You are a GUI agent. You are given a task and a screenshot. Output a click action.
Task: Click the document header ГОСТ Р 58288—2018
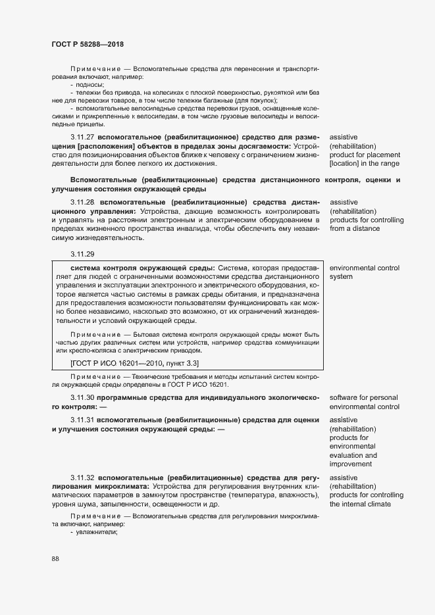pyautogui.click(x=87, y=44)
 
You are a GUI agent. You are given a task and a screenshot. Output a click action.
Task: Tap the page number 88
pyautogui.click(x=55, y=558)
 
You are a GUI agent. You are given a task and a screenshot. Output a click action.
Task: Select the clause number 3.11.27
pyautogui.click(x=82, y=136)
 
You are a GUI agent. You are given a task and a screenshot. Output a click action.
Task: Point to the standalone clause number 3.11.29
pyautogui.click(x=82, y=253)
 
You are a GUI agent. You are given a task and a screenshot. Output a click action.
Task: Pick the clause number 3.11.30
pyautogui.click(x=82, y=398)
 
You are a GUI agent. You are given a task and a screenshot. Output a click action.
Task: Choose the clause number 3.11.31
pyautogui.click(x=82, y=420)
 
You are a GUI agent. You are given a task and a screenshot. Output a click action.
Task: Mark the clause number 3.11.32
pyautogui.click(x=82, y=478)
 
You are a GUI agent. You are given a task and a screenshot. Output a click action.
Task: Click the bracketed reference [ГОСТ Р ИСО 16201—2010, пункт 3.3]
pyautogui.click(x=134, y=363)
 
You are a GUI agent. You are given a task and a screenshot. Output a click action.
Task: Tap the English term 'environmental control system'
pyautogui.click(x=364, y=272)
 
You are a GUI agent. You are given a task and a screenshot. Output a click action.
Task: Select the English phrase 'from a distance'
pyautogui.click(x=355, y=229)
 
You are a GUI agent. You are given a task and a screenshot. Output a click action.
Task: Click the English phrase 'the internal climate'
pyautogui.click(x=360, y=504)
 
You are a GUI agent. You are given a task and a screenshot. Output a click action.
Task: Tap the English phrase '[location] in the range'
pyautogui.click(x=364, y=164)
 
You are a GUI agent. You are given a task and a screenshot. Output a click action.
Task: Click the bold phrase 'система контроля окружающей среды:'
pyautogui.click(x=142, y=268)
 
